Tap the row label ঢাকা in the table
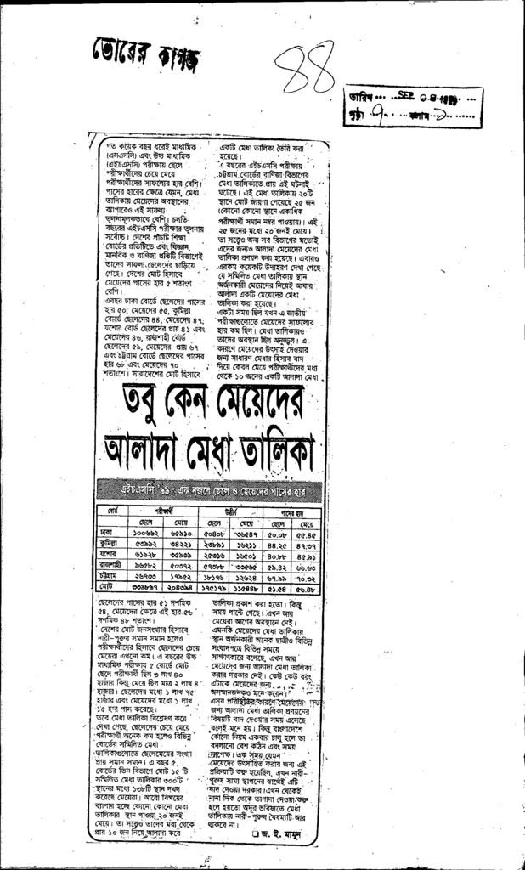(108, 533)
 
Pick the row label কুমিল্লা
(108, 544)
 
